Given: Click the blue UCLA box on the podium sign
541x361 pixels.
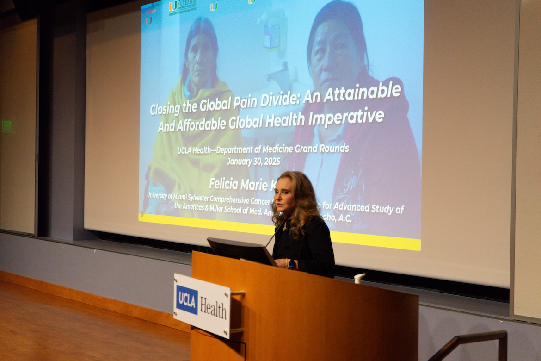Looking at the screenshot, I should pyautogui.click(x=187, y=299).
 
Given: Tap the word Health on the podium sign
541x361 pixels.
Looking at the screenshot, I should pyautogui.click(x=213, y=309).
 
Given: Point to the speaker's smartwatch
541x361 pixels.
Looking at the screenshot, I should pyautogui.click(x=292, y=264).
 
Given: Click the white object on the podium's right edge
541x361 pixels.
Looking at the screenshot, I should pyautogui.click(x=359, y=278).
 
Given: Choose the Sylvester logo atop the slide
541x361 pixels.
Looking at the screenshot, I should pyautogui.click(x=182, y=6).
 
